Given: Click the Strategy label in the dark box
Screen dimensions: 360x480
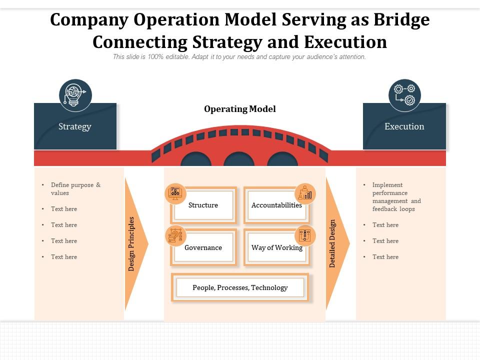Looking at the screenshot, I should pos(75,126).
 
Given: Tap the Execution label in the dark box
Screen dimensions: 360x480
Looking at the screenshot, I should pos(404,126).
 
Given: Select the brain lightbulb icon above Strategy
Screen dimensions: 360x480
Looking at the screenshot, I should pos(75,95).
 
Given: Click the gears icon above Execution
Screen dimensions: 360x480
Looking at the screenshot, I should pos(404,95).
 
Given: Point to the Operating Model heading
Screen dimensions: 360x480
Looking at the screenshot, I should pos(240,109).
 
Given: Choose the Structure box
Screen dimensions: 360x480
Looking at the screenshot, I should pos(203,205).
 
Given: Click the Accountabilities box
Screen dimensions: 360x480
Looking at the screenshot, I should pos(276,205).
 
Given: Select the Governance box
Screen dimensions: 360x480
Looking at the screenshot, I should pos(203,248).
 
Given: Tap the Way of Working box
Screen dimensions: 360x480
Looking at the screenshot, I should pos(276,248).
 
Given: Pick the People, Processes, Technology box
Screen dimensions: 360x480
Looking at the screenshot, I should pos(240,288).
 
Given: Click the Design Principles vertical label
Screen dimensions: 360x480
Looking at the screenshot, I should pos(131,244).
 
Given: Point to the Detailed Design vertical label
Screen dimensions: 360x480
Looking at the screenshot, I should pos(332,244).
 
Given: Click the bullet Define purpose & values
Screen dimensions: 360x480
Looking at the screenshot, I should pos(75,189).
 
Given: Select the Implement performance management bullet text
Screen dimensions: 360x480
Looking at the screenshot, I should pos(396,197).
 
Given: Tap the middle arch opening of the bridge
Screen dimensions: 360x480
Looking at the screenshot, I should pos(239,160).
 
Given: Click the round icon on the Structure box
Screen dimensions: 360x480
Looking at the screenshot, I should pos(175,193).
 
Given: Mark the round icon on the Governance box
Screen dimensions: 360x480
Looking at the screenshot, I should pos(175,235).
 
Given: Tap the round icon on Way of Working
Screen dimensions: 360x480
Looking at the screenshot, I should pos(304,235).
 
